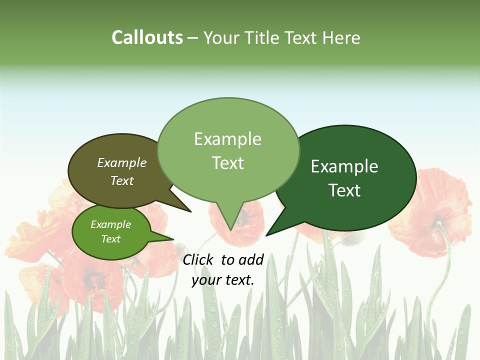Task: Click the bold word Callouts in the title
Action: point(147,37)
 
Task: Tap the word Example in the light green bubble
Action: point(227,139)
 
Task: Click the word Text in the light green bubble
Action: point(227,163)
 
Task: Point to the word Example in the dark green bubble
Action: point(344,166)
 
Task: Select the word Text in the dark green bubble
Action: point(344,190)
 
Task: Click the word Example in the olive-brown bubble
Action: point(122,162)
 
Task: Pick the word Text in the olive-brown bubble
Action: point(122,180)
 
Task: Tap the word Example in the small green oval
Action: point(111,224)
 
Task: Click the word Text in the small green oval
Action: point(111,239)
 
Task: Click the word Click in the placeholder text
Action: point(199,259)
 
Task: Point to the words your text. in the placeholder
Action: point(223,280)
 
